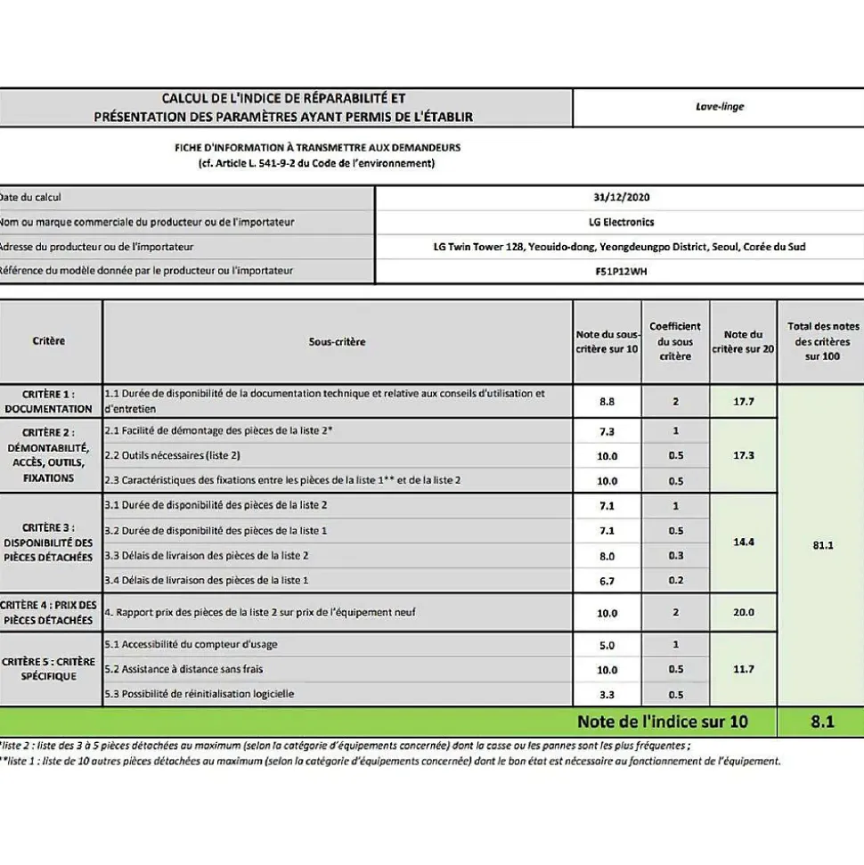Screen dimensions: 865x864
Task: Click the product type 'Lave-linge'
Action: click(720, 107)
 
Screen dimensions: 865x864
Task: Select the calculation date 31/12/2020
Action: click(620, 198)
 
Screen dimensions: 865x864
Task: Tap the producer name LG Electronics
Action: click(620, 222)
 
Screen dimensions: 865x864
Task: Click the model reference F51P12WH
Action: click(620, 270)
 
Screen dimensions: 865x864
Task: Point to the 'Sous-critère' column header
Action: click(337, 341)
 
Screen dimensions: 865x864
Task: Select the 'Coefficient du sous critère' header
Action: click(675, 341)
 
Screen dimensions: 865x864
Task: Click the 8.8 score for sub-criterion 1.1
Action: click(607, 402)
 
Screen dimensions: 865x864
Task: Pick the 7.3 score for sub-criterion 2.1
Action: click(607, 431)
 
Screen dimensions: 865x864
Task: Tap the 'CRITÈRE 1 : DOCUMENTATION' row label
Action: click(49, 401)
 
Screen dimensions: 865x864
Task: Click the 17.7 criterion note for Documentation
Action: click(743, 402)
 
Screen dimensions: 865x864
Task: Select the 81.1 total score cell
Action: click(822, 545)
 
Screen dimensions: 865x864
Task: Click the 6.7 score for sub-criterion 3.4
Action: click(607, 581)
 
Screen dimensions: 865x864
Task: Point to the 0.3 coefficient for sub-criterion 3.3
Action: click(675, 556)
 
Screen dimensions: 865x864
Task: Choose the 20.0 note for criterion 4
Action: click(743, 613)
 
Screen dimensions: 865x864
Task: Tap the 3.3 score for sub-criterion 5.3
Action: click(607, 694)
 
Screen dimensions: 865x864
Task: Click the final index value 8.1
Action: click(822, 722)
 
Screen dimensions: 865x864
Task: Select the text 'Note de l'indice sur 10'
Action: click(663, 722)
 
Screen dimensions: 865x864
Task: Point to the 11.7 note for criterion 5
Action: click(743, 669)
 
